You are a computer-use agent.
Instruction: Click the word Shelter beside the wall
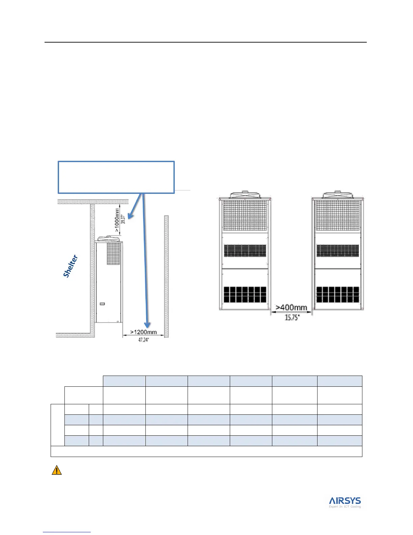tap(71, 266)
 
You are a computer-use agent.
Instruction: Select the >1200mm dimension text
tap(143, 332)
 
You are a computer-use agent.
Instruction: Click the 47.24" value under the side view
tap(143, 340)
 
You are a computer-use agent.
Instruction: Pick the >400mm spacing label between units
tap(292, 307)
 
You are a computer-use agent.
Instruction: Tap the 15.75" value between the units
tap(292, 317)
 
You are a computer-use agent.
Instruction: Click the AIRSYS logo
tap(345, 500)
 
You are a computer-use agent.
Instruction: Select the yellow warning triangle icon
tap(57, 470)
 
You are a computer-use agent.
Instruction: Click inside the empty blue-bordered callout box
tap(116, 177)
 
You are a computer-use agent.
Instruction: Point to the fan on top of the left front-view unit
tap(245, 195)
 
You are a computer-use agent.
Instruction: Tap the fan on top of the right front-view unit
tap(337, 195)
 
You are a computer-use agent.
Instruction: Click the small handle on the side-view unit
tap(102, 304)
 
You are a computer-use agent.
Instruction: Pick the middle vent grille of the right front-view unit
tap(337, 251)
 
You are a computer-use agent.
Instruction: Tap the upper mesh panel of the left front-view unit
tap(245, 215)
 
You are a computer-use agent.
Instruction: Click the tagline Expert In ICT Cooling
tap(345, 507)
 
